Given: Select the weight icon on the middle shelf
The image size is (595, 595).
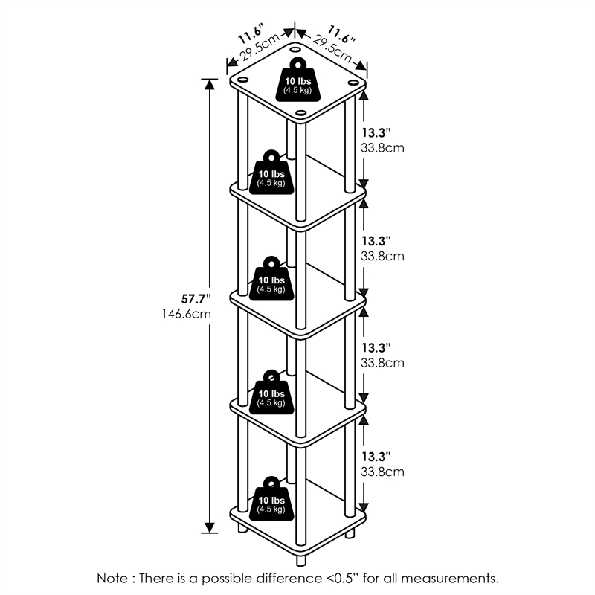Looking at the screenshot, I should click(271, 280).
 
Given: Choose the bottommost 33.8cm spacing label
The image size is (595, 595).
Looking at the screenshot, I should click(384, 472).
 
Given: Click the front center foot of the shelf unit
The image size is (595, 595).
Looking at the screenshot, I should click(300, 558).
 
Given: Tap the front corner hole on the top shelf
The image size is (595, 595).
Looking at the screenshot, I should click(300, 113).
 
